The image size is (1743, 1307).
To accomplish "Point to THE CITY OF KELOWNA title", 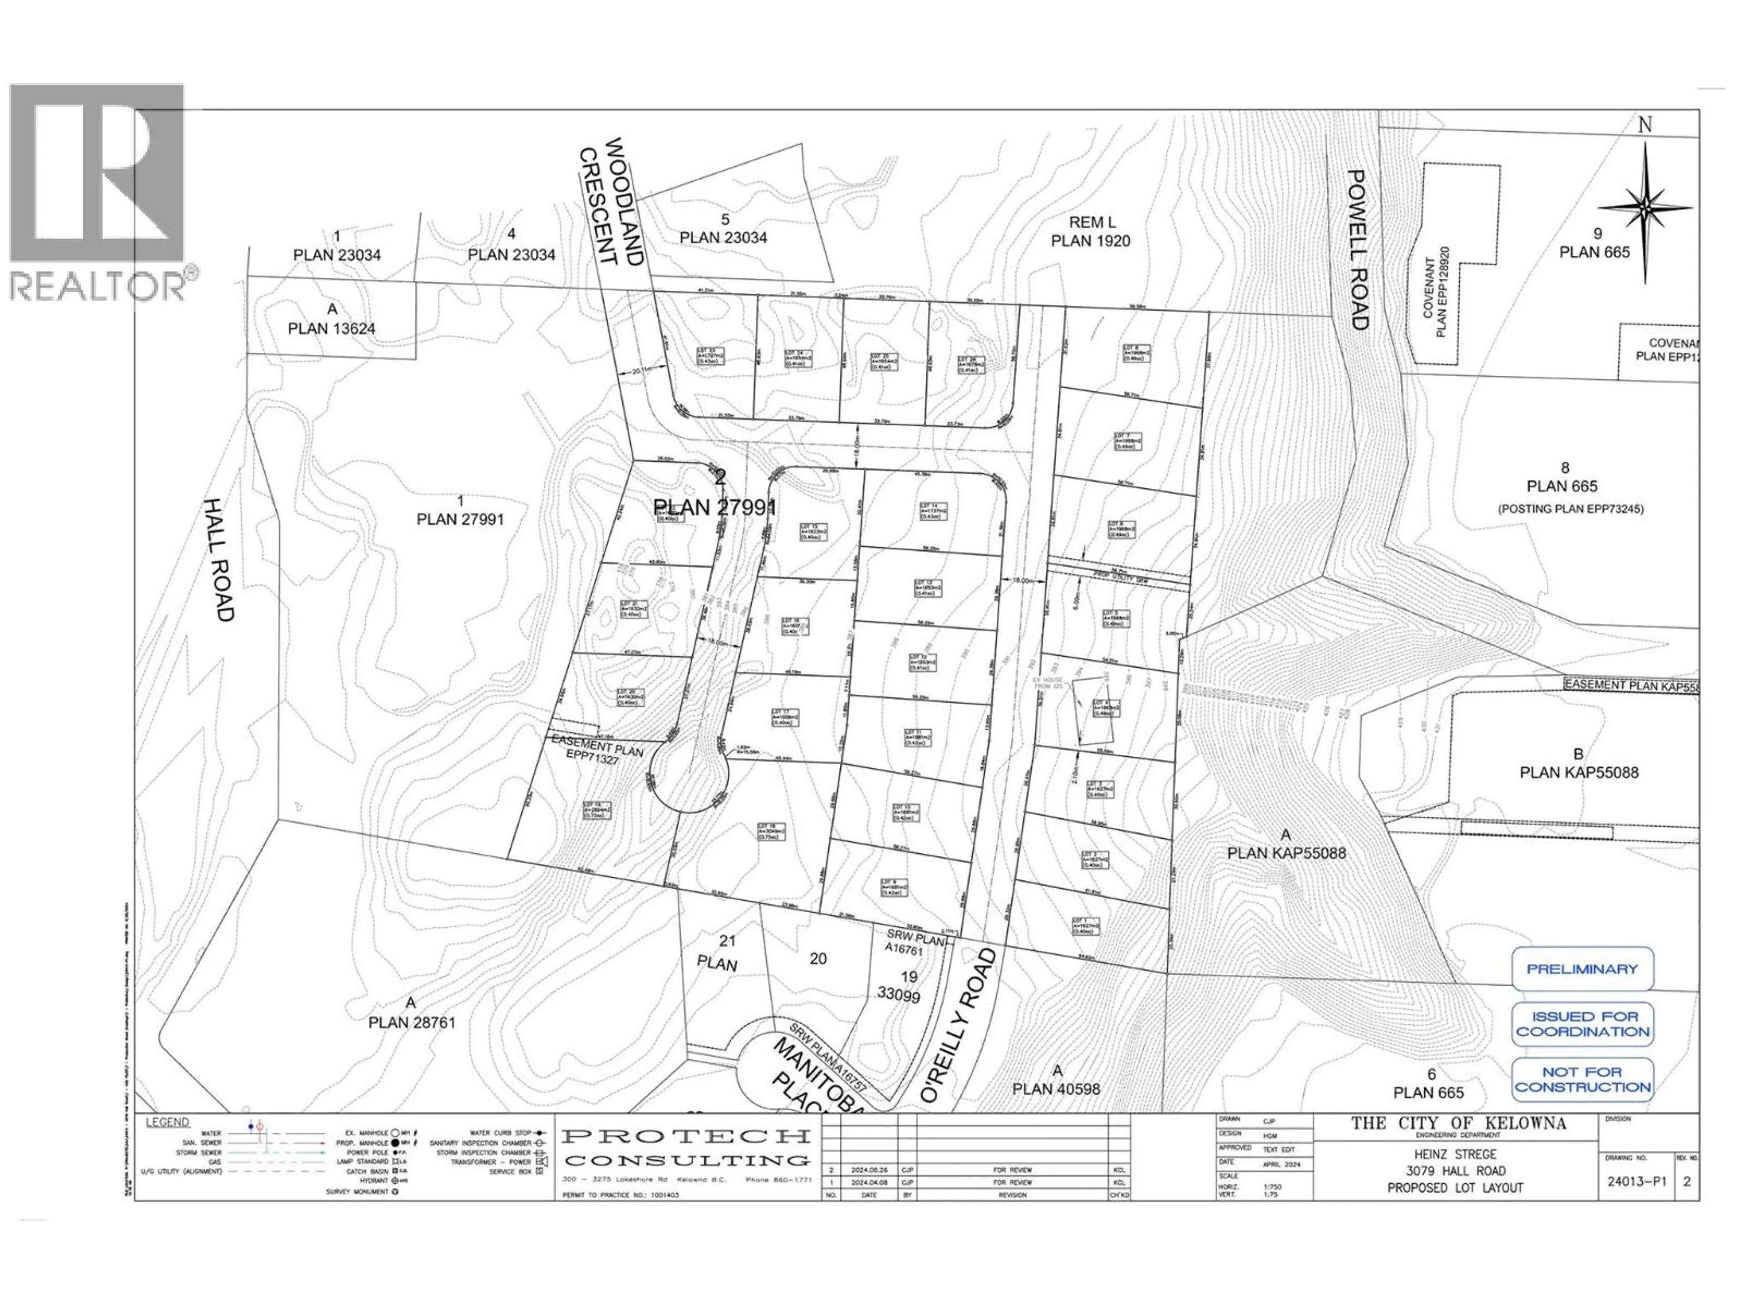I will pos(1458,1124).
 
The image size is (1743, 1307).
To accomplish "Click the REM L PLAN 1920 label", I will pos(1091,231).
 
